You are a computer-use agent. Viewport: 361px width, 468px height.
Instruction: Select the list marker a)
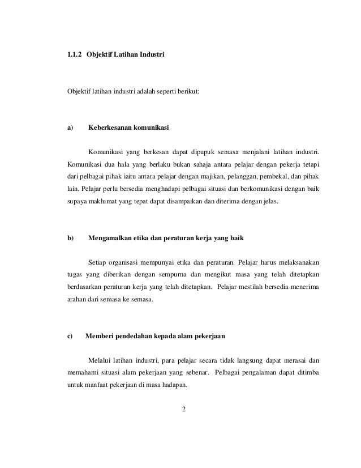click(x=71, y=127)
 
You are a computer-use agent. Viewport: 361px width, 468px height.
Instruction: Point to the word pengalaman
click(x=257, y=373)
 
